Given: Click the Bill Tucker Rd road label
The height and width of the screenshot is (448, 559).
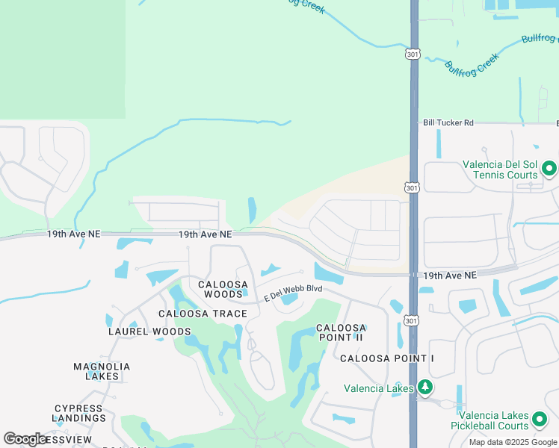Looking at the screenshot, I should click(x=448, y=123).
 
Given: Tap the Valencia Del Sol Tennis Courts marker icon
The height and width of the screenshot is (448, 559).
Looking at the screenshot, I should click(x=549, y=169).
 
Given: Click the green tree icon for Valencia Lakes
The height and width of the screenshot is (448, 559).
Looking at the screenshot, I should click(x=425, y=387).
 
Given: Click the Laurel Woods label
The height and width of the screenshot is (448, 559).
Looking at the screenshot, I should click(x=150, y=331).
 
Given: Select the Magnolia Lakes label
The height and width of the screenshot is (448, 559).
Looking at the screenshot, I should click(x=102, y=371).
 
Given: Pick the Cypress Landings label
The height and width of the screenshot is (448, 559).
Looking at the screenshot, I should click(x=80, y=413).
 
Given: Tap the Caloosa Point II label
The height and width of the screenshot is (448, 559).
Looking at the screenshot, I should click(x=341, y=332).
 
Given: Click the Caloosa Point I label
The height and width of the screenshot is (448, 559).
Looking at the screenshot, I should click(x=386, y=358).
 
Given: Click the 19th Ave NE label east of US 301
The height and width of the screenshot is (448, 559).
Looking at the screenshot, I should click(x=449, y=276).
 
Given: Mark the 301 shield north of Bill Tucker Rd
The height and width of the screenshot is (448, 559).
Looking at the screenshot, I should click(x=413, y=54).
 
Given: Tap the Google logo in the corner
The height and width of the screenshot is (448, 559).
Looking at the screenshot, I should click(x=25, y=438).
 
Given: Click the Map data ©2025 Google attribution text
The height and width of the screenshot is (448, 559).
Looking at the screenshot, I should click(x=512, y=442).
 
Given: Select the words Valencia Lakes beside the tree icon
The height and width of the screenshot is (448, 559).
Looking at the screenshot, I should click(x=378, y=388).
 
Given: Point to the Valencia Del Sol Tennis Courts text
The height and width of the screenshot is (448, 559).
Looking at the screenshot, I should click(x=500, y=170).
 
